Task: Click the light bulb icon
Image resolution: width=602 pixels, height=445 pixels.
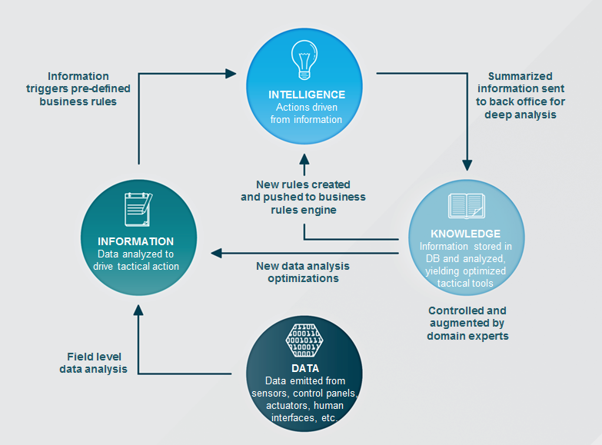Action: pos(304,60)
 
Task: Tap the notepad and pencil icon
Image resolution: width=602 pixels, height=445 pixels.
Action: pos(138,209)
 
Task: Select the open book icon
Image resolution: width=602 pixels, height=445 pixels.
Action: pos(467,206)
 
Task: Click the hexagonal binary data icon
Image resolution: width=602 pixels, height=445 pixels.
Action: pos(304,340)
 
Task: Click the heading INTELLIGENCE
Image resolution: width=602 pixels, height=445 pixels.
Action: pos(306,95)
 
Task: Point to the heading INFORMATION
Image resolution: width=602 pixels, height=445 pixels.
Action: pos(135,241)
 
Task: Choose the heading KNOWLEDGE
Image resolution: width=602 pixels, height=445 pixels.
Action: pos(465,234)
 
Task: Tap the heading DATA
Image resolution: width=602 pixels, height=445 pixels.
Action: pos(305,369)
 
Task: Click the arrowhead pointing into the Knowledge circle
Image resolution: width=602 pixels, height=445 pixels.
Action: pos(467,165)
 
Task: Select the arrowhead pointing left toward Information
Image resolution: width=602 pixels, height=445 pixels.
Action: pos(216,253)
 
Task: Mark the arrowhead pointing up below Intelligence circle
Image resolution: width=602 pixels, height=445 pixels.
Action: pos(304,159)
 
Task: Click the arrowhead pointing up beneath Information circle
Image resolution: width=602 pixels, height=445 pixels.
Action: pos(138,311)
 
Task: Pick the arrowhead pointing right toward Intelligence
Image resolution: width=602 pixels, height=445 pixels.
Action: pos(231,73)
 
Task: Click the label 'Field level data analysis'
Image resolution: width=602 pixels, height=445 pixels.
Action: pos(93,363)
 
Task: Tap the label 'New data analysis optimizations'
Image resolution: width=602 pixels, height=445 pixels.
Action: pos(303,272)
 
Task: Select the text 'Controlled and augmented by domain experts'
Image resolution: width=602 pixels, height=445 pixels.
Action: pos(467,324)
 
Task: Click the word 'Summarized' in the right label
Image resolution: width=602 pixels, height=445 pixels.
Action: pos(521,76)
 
